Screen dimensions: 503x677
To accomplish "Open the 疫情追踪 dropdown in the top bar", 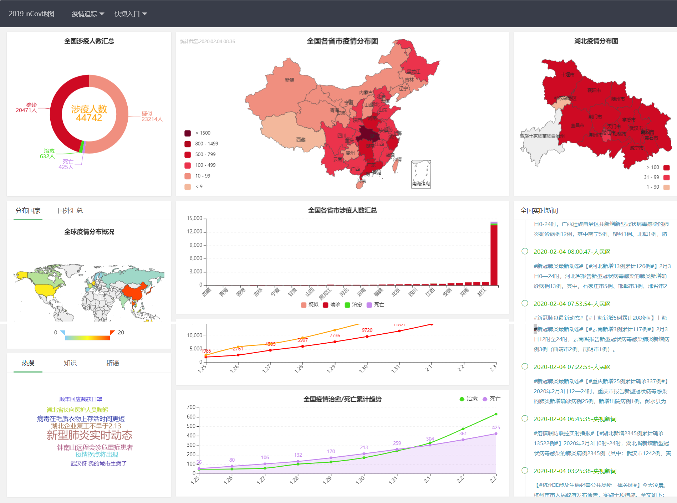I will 87,14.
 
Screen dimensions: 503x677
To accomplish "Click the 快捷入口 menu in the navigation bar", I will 130,14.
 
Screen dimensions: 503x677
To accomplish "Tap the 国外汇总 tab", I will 70,211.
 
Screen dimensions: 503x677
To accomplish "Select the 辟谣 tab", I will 113,363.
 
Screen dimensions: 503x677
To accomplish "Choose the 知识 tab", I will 70,363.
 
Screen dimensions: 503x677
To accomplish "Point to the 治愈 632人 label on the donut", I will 47,154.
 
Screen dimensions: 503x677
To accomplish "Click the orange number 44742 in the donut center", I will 89,118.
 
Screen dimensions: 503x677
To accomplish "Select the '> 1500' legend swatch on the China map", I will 188,133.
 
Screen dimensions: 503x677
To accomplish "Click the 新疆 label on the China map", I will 290,80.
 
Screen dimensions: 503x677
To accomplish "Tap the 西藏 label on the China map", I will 301,140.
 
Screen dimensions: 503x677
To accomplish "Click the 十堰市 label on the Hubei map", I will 567,75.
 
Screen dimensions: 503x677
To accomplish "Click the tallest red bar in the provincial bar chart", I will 494,255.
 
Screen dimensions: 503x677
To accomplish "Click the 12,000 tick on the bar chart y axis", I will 194,232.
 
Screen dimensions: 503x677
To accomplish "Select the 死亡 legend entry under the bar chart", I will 375,305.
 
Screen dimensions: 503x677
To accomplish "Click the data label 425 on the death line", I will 496,427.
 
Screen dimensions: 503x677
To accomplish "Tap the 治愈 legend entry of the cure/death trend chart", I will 468,399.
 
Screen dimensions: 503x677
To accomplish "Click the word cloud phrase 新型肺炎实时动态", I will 90,435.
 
